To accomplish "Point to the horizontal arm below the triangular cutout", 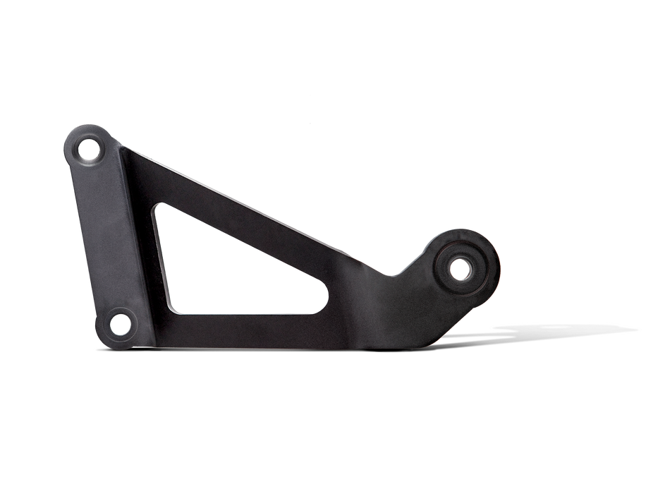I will point(247,328).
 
